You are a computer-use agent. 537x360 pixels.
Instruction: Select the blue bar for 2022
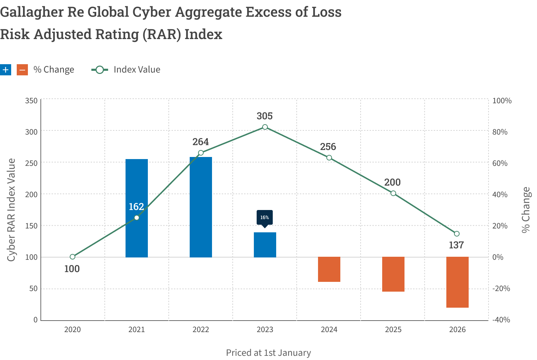(x=201, y=207)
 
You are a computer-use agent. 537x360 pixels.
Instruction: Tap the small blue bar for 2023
(x=265, y=245)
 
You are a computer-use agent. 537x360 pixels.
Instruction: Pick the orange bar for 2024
(x=329, y=269)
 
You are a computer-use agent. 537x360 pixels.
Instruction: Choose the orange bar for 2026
(x=457, y=282)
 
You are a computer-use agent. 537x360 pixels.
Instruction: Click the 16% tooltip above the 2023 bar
(x=265, y=218)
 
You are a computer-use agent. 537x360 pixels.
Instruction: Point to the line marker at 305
(x=265, y=127)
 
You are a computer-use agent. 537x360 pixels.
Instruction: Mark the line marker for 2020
(x=73, y=257)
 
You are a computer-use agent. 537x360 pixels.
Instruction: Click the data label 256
(x=328, y=147)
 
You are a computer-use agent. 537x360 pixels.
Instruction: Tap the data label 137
(x=456, y=245)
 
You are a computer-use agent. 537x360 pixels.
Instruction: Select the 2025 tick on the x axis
(x=393, y=330)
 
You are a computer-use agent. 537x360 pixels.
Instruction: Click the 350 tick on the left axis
(x=31, y=101)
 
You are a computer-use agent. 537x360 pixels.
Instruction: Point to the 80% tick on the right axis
(x=500, y=132)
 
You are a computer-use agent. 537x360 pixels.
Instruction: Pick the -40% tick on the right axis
(x=501, y=320)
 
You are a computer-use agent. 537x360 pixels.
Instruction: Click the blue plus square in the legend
(x=6, y=70)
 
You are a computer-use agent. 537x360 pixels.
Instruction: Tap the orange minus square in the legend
(x=22, y=70)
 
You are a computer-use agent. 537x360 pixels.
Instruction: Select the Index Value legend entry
(x=137, y=70)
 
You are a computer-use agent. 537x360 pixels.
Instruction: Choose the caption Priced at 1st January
(x=268, y=353)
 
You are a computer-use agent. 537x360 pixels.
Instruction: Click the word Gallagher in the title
(x=30, y=12)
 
